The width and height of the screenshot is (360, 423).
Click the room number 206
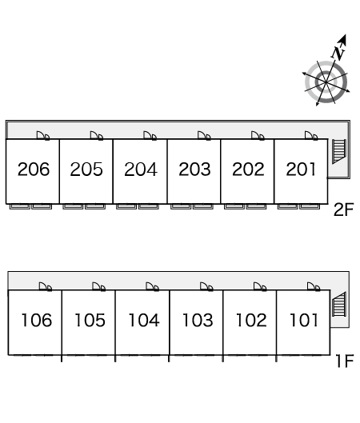tap(34, 170)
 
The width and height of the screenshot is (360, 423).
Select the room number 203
tap(194, 170)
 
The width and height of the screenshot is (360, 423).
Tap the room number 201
tap(301, 170)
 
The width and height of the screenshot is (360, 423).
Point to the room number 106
tap(37, 320)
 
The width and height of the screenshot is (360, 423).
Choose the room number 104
tap(144, 320)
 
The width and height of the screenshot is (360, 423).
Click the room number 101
tap(303, 320)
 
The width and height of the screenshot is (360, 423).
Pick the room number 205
tap(86, 170)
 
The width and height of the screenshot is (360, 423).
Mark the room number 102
tap(251, 320)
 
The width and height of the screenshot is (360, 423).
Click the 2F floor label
tap(343, 210)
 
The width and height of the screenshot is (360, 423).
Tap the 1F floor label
tap(344, 361)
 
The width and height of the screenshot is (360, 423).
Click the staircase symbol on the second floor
tap(339, 151)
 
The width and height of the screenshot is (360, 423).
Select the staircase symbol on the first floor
tap(339, 304)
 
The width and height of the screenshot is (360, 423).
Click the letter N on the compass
tap(338, 53)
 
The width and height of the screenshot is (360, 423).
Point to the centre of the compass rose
tap(326, 82)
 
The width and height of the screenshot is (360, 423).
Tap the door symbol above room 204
tap(150, 136)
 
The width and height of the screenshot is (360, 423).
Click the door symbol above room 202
tap(258, 136)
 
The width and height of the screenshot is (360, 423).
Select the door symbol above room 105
tap(98, 287)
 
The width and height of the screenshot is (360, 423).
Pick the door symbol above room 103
tap(206, 287)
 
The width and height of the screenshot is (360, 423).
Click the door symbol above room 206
tap(43, 136)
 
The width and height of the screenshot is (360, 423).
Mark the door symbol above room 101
tap(314, 287)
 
